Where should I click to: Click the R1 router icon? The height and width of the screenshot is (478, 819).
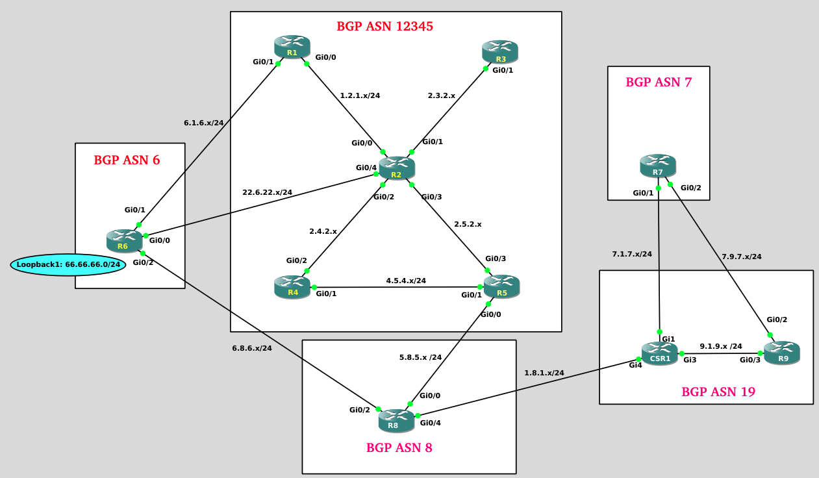click(292, 47)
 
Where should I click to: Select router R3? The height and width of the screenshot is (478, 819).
click(500, 52)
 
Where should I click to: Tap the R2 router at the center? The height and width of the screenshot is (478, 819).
click(397, 168)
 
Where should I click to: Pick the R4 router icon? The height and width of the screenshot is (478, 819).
click(292, 287)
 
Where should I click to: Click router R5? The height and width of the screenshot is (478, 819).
click(501, 287)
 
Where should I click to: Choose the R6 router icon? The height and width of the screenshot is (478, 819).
click(124, 241)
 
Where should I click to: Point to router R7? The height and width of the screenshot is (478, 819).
click(658, 166)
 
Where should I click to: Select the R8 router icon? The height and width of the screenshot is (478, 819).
click(396, 420)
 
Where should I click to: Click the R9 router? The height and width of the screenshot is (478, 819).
click(782, 353)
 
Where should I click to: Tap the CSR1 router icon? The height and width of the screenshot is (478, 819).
click(660, 353)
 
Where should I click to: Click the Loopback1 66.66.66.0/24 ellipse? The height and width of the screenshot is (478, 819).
click(68, 264)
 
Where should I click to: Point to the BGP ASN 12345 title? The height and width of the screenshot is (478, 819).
click(384, 27)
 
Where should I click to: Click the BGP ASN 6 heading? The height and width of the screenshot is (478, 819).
click(127, 160)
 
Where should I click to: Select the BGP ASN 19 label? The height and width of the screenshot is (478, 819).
click(718, 392)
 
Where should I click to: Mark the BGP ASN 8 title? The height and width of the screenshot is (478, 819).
click(399, 448)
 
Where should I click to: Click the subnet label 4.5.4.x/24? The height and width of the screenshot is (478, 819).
click(406, 281)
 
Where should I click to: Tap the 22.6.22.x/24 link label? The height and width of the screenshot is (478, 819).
click(267, 192)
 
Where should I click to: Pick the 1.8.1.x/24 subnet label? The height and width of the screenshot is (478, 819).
click(544, 373)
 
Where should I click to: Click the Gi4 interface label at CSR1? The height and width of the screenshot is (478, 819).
click(635, 366)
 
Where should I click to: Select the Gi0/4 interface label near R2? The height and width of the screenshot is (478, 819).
click(366, 168)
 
